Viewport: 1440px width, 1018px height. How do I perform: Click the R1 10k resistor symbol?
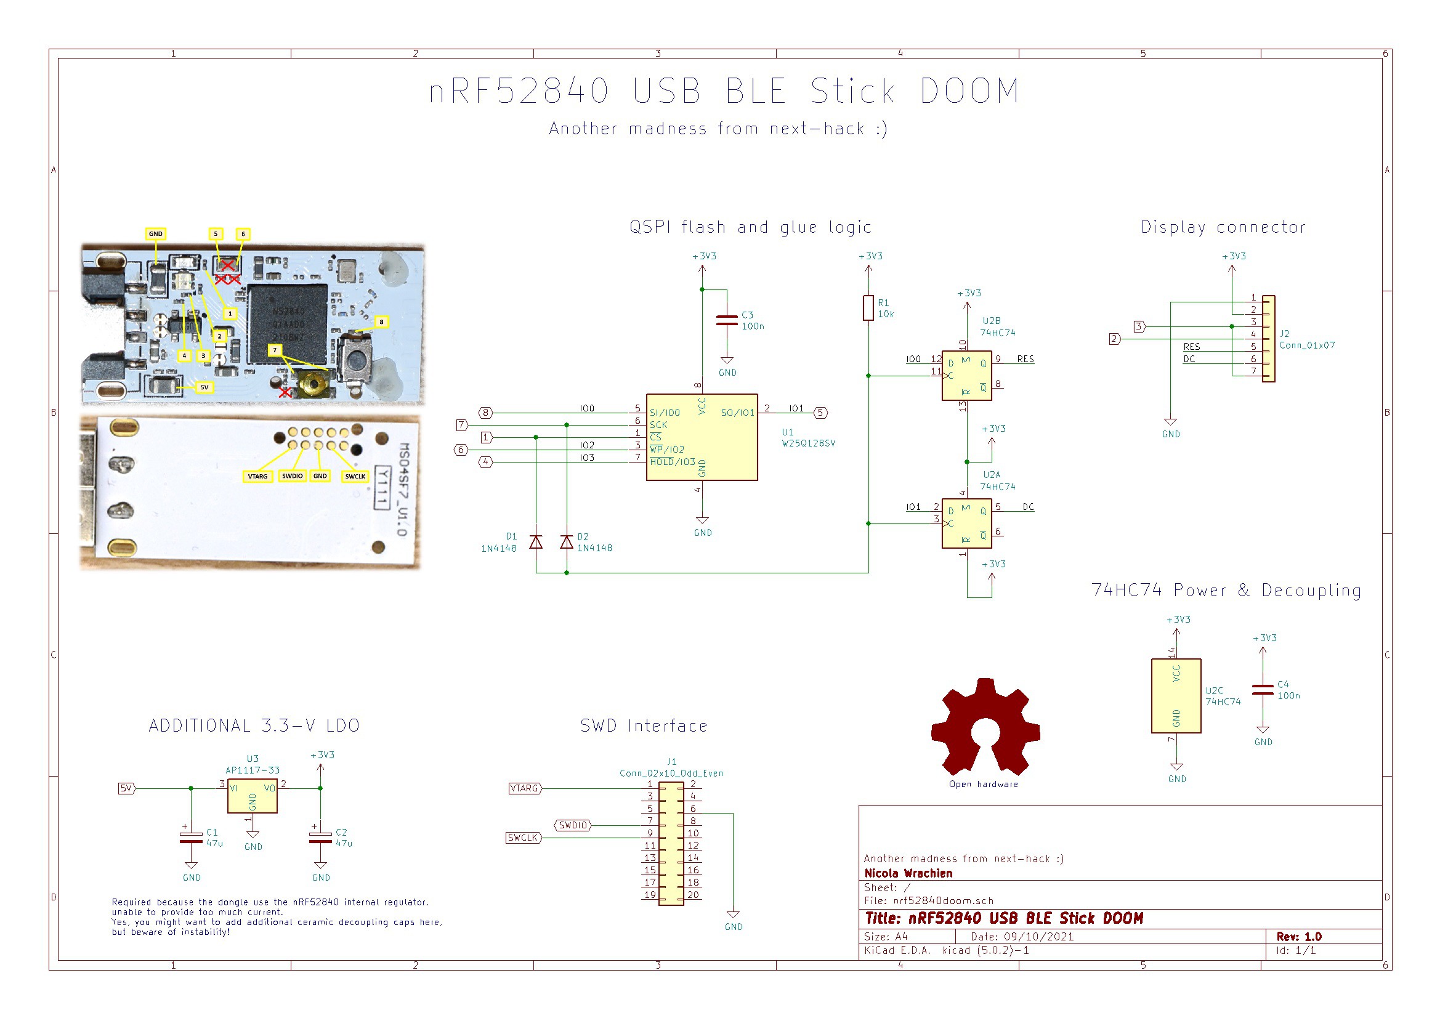pyautogui.click(x=868, y=307)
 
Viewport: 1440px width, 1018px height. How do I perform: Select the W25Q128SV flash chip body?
pyautogui.click(x=701, y=437)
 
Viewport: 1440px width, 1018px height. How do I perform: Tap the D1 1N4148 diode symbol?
pyautogui.click(x=536, y=542)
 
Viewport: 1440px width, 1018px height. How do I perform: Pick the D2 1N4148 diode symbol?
pyautogui.click(x=567, y=542)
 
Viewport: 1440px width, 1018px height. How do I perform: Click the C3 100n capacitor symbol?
pyautogui.click(x=726, y=320)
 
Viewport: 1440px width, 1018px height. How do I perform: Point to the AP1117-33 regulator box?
pyautogui.click(x=252, y=795)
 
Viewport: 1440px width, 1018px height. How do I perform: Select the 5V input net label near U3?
pyautogui.click(x=126, y=788)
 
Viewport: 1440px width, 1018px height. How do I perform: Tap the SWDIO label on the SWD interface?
pyautogui.click(x=573, y=825)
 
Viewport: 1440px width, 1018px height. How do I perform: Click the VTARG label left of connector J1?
pyautogui.click(x=524, y=788)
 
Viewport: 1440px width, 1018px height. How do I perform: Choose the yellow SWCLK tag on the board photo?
pyautogui.click(x=355, y=476)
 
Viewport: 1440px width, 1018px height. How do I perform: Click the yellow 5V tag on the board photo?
pyautogui.click(x=204, y=387)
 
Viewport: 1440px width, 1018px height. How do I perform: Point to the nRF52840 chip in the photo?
pyautogui.click(x=287, y=324)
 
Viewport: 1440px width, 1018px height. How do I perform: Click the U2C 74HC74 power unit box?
pyautogui.click(x=1176, y=695)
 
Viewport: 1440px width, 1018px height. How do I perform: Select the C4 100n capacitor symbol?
pyautogui.click(x=1263, y=690)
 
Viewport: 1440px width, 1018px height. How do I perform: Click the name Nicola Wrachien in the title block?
pyautogui.click(x=908, y=873)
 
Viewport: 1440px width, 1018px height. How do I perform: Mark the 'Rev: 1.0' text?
pyautogui.click(x=1299, y=937)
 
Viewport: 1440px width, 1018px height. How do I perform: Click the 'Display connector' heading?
pyautogui.click(x=1223, y=227)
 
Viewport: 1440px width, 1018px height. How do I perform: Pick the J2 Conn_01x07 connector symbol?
pyautogui.click(x=1268, y=339)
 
